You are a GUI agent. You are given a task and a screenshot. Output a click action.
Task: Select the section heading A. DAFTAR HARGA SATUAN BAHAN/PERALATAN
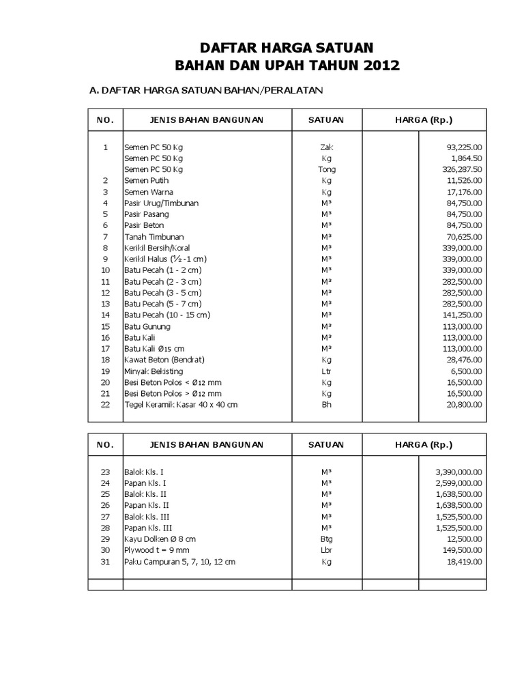pos(206,90)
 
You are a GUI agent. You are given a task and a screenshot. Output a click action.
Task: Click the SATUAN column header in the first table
pos(326,120)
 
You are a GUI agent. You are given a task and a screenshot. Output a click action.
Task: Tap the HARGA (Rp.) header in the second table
pos(424,444)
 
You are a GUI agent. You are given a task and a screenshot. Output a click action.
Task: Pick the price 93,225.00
pos(461,147)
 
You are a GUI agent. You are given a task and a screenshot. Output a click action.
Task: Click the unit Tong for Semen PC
pos(327,169)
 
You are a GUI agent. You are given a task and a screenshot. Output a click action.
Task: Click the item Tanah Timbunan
pos(151,236)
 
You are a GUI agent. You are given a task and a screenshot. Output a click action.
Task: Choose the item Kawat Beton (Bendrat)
pos(164,360)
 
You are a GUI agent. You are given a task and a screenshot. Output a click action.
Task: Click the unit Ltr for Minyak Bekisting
pos(327,371)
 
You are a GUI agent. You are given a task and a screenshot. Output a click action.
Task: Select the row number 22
pos(105,405)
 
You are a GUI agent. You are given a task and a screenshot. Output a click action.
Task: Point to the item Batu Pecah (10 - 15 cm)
pos(167,315)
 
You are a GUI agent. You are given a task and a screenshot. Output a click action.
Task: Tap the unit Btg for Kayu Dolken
pos(327,539)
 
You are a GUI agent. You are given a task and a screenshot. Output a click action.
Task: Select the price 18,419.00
pos(461,561)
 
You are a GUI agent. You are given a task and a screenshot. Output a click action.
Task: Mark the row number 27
pos(105,517)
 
